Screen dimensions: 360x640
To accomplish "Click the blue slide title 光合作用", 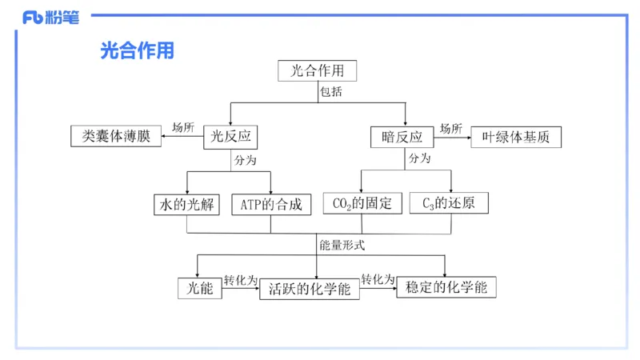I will [137, 51].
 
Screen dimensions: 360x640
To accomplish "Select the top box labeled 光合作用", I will [317, 71].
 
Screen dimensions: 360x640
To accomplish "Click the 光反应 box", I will [232, 137].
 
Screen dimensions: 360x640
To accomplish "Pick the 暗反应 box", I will [402, 137].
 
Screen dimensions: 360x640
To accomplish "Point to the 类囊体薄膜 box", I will [116, 136].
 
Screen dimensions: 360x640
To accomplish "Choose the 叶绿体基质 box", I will [516, 137].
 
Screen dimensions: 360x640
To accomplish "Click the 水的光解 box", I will [186, 204].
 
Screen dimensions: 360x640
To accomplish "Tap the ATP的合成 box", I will [271, 204].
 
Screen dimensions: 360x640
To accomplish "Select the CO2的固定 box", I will [362, 204].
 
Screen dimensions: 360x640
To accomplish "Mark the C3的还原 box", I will [449, 204].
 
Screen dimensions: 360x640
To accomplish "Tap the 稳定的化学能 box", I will [446, 287].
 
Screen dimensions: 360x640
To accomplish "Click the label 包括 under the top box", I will [330, 92].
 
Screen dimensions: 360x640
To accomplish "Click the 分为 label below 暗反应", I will [419, 159].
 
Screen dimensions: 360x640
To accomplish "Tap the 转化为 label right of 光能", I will [240, 280].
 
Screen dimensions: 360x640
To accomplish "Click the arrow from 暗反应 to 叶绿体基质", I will [452, 137].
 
